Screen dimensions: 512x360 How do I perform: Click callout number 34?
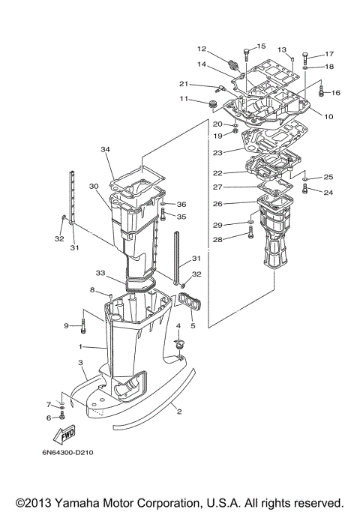(x=105, y=149)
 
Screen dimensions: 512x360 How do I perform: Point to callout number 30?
(x=94, y=186)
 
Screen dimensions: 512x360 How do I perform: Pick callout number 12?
(x=202, y=49)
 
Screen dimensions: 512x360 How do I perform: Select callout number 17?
(x=328, y=54)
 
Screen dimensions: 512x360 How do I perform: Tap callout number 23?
(x=218, y=152)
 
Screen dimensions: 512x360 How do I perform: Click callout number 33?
(x=100, y=273)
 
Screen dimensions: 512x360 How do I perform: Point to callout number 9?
(x=66, y=325)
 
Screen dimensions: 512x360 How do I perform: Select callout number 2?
(x=178, y=410)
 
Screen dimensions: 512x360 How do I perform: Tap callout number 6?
(x=49, y=418)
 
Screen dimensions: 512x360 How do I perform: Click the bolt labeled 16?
(x=321, y=92)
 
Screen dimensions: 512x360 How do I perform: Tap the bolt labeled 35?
(x=162, y=217)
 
